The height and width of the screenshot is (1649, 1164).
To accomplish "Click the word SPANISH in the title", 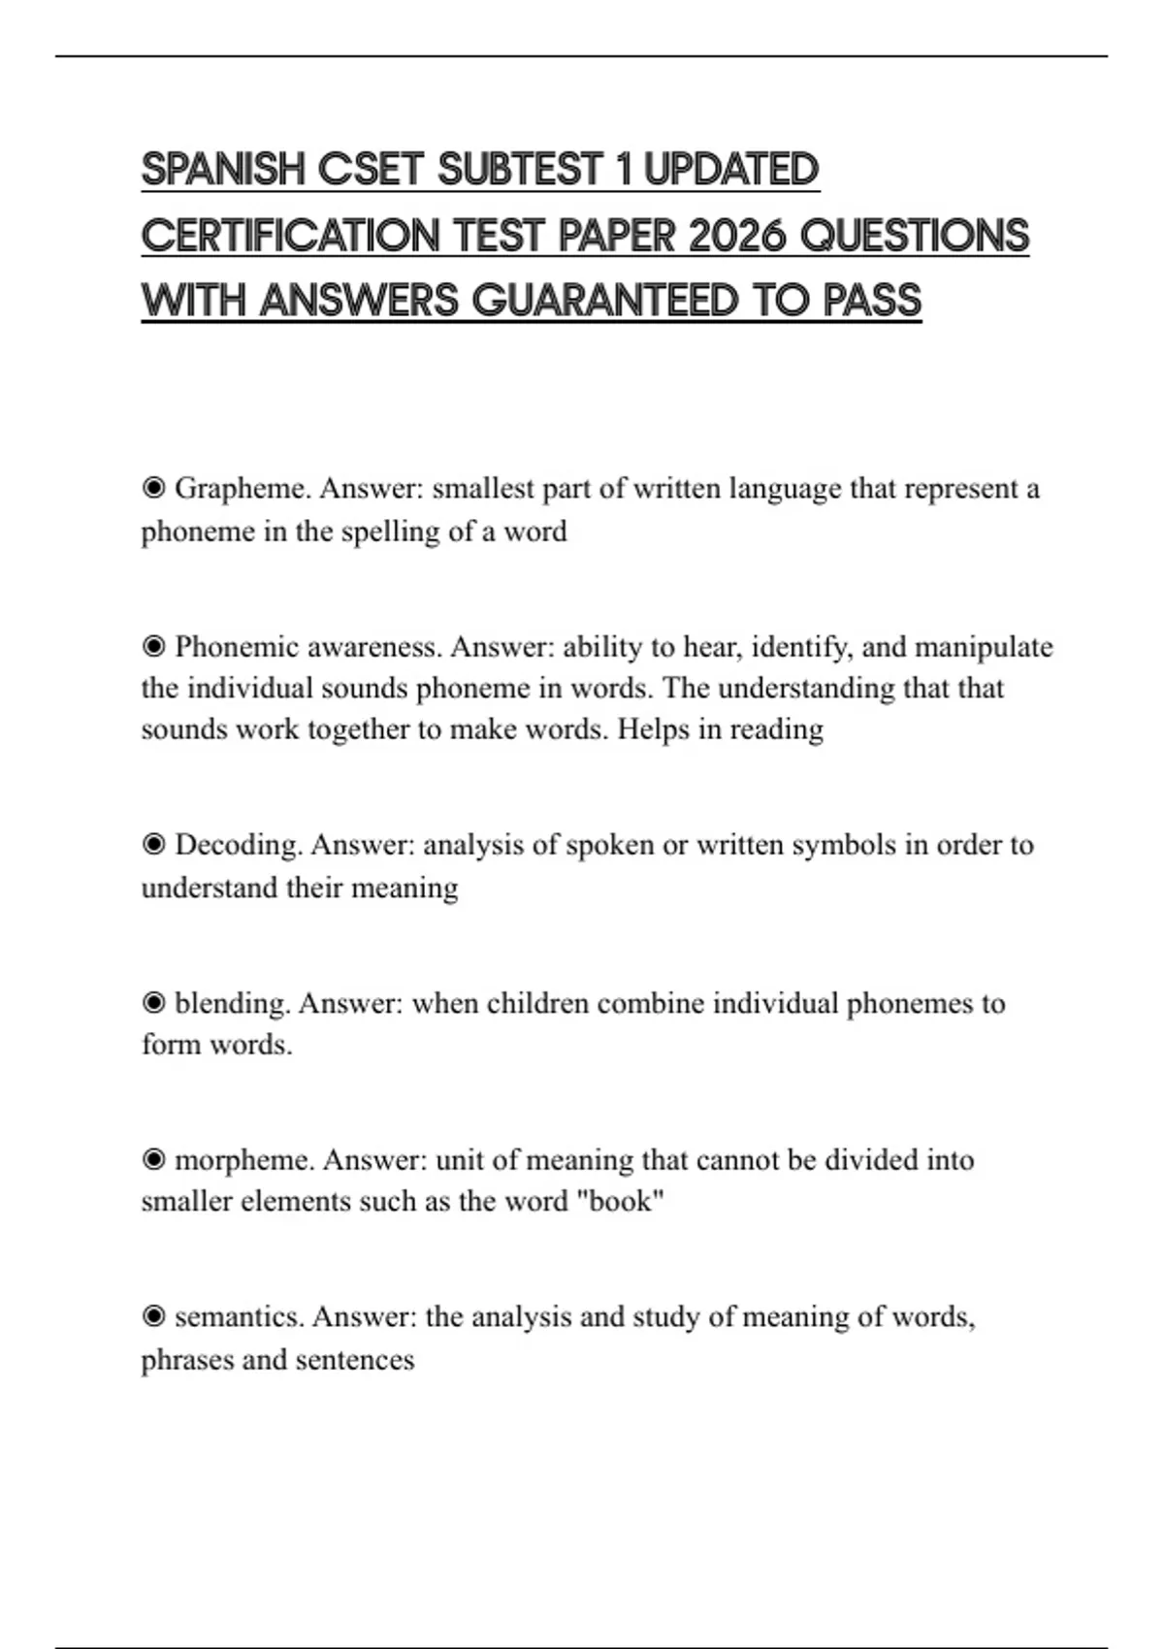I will pyautogui.click(x=223, y=170).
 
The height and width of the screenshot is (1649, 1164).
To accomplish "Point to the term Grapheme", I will pyautogui.click(x=242, y=488).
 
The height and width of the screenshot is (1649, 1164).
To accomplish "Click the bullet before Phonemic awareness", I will pyautogui.click(x=153, y=646).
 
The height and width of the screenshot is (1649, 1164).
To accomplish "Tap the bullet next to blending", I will pyautogui.click(x=153, y=1003).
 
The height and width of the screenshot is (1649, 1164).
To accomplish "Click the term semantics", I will pyautogui.click(x=240, y=1317).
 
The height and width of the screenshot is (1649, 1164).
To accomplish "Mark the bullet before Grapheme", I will pyautogui.click(x=153, y=488).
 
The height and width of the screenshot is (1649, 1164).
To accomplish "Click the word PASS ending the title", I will pyautogui.click(x=871, y=301).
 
